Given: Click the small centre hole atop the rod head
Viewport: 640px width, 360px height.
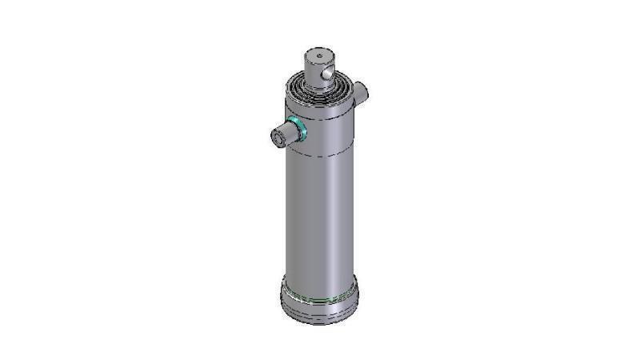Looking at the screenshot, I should tap(318, 55).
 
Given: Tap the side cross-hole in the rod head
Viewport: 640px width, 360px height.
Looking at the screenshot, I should tap(328, 74).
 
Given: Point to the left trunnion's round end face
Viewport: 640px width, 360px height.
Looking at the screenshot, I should tap(278, 138).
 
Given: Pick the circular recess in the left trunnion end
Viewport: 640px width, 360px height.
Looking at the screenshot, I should tap(277, 139).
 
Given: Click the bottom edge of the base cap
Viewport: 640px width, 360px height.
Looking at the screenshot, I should tap(318, 322).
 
